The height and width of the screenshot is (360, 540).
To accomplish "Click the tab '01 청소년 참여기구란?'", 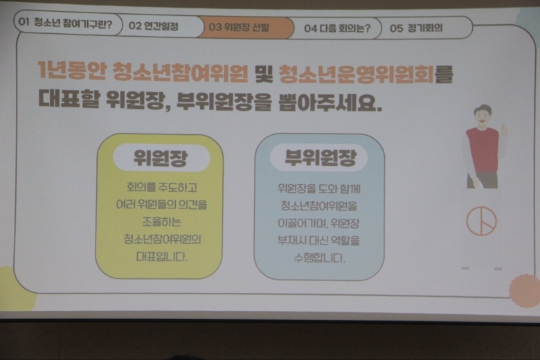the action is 68,23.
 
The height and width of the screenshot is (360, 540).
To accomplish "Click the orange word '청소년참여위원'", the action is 181,72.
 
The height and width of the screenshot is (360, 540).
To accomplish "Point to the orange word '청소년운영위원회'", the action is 356,73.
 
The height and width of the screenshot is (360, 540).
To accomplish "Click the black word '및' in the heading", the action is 264,73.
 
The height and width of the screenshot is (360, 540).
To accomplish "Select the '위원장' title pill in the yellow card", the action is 161,158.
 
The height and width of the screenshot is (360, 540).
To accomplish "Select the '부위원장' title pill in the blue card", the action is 319,158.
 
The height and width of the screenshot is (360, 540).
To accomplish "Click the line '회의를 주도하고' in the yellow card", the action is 161,188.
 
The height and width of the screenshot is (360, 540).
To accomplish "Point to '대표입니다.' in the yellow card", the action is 161,257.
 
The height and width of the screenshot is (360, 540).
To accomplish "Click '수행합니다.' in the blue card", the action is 319,258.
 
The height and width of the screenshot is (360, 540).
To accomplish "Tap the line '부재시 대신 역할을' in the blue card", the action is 318,240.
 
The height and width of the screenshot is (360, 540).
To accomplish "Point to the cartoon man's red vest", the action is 482,150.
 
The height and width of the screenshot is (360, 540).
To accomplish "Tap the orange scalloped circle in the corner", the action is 525,291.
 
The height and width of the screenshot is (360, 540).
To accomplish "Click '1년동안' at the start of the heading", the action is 71,71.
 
